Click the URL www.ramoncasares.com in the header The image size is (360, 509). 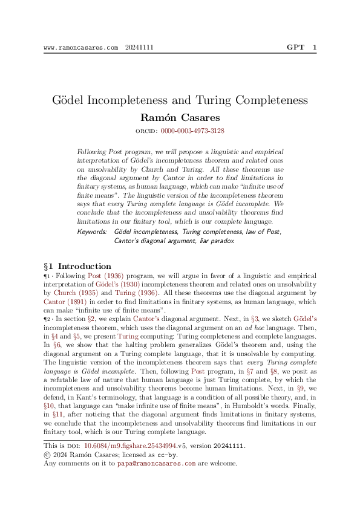(x=81, y=48)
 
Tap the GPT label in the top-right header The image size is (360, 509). (x=296, y=47)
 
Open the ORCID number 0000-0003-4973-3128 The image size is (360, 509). (x=192, y=131)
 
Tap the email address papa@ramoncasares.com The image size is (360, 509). (x=156, y=463)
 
